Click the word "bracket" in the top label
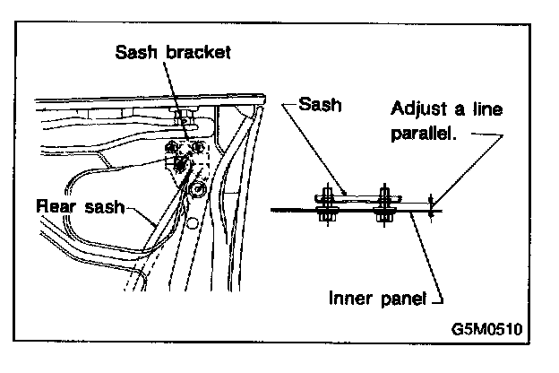point(193,52)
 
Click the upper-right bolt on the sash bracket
point(199,145)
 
